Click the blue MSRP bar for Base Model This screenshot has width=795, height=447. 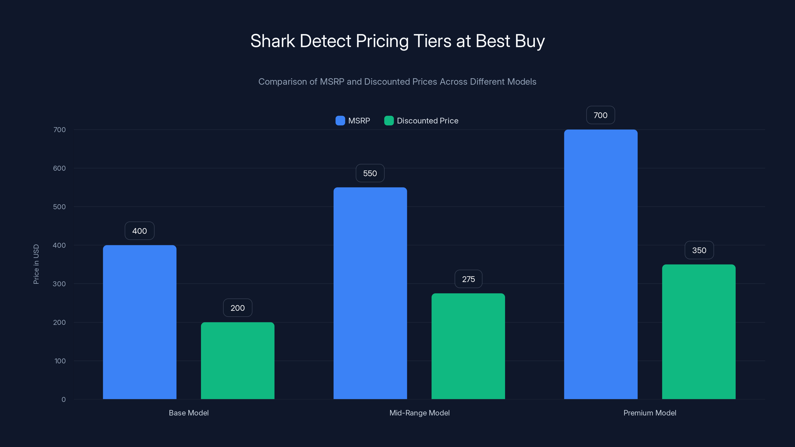(x=139, y=322)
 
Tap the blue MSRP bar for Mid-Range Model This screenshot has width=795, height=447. (x=370, y=293)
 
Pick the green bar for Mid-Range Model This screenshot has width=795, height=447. (x=468, y=346)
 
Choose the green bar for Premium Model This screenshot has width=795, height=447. (x=699, y=332)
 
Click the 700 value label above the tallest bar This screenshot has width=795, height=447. (x=600, y=115)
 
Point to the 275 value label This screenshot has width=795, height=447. (x=468, y=279)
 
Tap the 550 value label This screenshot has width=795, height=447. (x=370, y=173)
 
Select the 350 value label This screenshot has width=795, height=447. (x=699, y=250)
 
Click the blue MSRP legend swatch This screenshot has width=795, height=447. (x=340, y=121)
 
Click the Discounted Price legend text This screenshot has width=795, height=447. (x=427, y=121)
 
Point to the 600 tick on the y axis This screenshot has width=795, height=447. (x=59, y=168)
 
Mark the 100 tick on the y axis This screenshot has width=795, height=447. (x=60, y=361)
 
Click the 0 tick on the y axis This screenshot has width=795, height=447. (x=64, y=400)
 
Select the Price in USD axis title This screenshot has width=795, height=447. (x=36, y=264)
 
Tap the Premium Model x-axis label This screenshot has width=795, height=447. (x=650, y=413)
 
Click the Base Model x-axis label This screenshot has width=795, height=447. (x=189, y=413)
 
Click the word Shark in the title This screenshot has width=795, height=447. (x=273, y=41)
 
